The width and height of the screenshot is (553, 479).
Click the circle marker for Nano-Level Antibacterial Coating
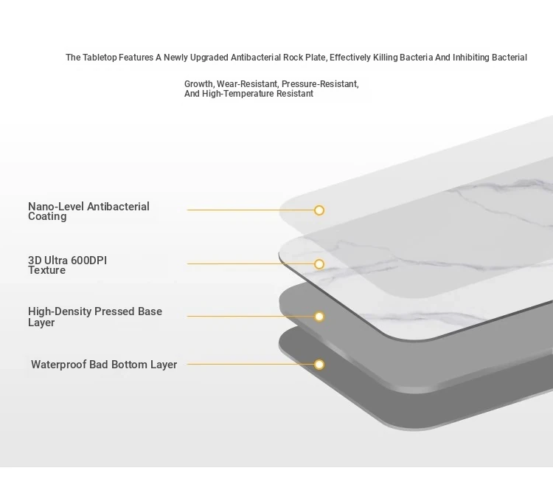pos(319,210)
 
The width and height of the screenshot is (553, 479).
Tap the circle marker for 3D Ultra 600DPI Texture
pos(319,264)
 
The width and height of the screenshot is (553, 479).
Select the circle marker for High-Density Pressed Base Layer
pos(319,317)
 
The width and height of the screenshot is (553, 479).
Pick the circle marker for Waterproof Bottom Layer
pos(319,365)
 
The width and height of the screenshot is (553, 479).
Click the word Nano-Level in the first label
pos(57,207)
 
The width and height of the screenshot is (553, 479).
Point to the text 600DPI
pos(88,261)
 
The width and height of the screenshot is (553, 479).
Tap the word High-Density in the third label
pos(60,311)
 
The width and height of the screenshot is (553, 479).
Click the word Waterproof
pos(58,365)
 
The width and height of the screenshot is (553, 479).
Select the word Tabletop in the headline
pos(100,58)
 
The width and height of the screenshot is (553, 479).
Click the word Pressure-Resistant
pos(320,84)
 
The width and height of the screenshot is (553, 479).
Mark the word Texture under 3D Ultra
pos(47,270)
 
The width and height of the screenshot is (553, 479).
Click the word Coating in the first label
pos(47,217)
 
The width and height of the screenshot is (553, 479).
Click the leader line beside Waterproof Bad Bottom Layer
pos(251,364)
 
